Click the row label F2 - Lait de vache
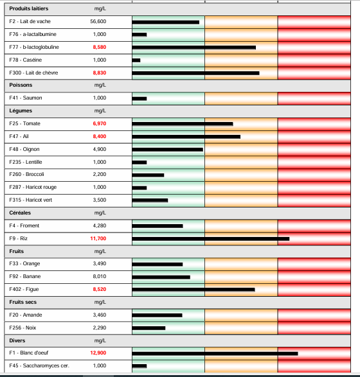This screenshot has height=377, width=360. [30, 22]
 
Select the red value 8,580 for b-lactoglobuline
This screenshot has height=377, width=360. [99, 48]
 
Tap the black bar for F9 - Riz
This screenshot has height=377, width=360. [210, 238]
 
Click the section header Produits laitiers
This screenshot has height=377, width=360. [28, 9]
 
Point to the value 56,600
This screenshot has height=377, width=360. [98, 22]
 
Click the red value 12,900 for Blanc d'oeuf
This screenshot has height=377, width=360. [98, 353]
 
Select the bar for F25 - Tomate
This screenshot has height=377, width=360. [182, 123]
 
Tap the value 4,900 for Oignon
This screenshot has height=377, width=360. [100, 149]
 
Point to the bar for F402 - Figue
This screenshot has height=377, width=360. [193, 290]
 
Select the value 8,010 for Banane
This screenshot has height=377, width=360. [100, 277]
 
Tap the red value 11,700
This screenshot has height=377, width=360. [98, 238]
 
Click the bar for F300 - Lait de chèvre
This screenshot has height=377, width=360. [195, 73]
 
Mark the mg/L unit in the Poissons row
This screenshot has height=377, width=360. [100, 85]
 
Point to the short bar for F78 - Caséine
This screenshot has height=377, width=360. [136, 60]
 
